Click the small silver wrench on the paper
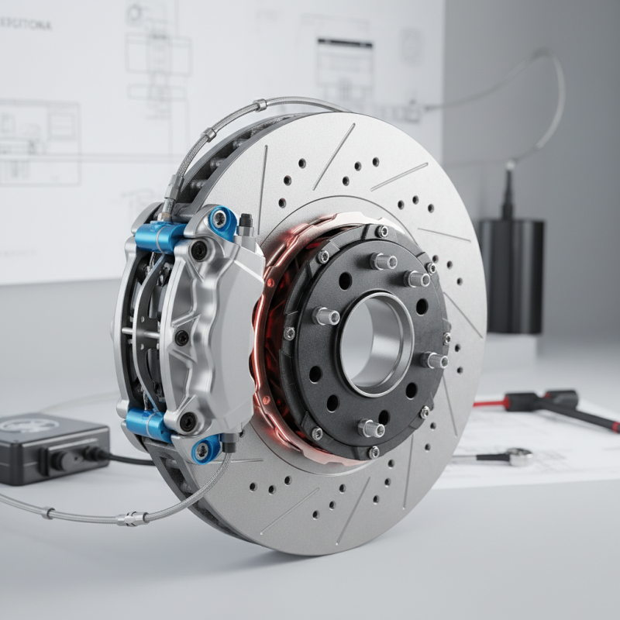pos(496,458)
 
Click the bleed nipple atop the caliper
pos(246,225)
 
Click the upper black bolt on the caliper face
pos(200,250)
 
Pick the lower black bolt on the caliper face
pos(188,422)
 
